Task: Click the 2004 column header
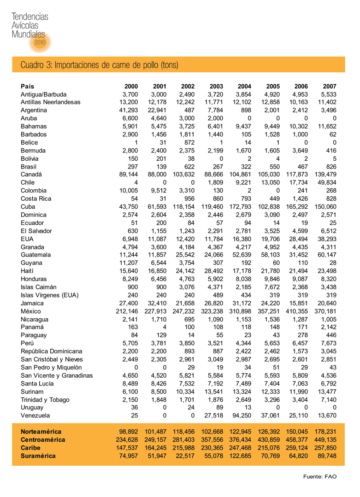point(244,86)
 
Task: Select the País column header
point(27,86)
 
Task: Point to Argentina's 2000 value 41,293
point(129,110)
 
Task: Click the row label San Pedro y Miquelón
point(51,367)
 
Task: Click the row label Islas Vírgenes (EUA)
point(50,295)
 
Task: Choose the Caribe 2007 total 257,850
point(325,448)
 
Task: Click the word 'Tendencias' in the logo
point(30,17)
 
